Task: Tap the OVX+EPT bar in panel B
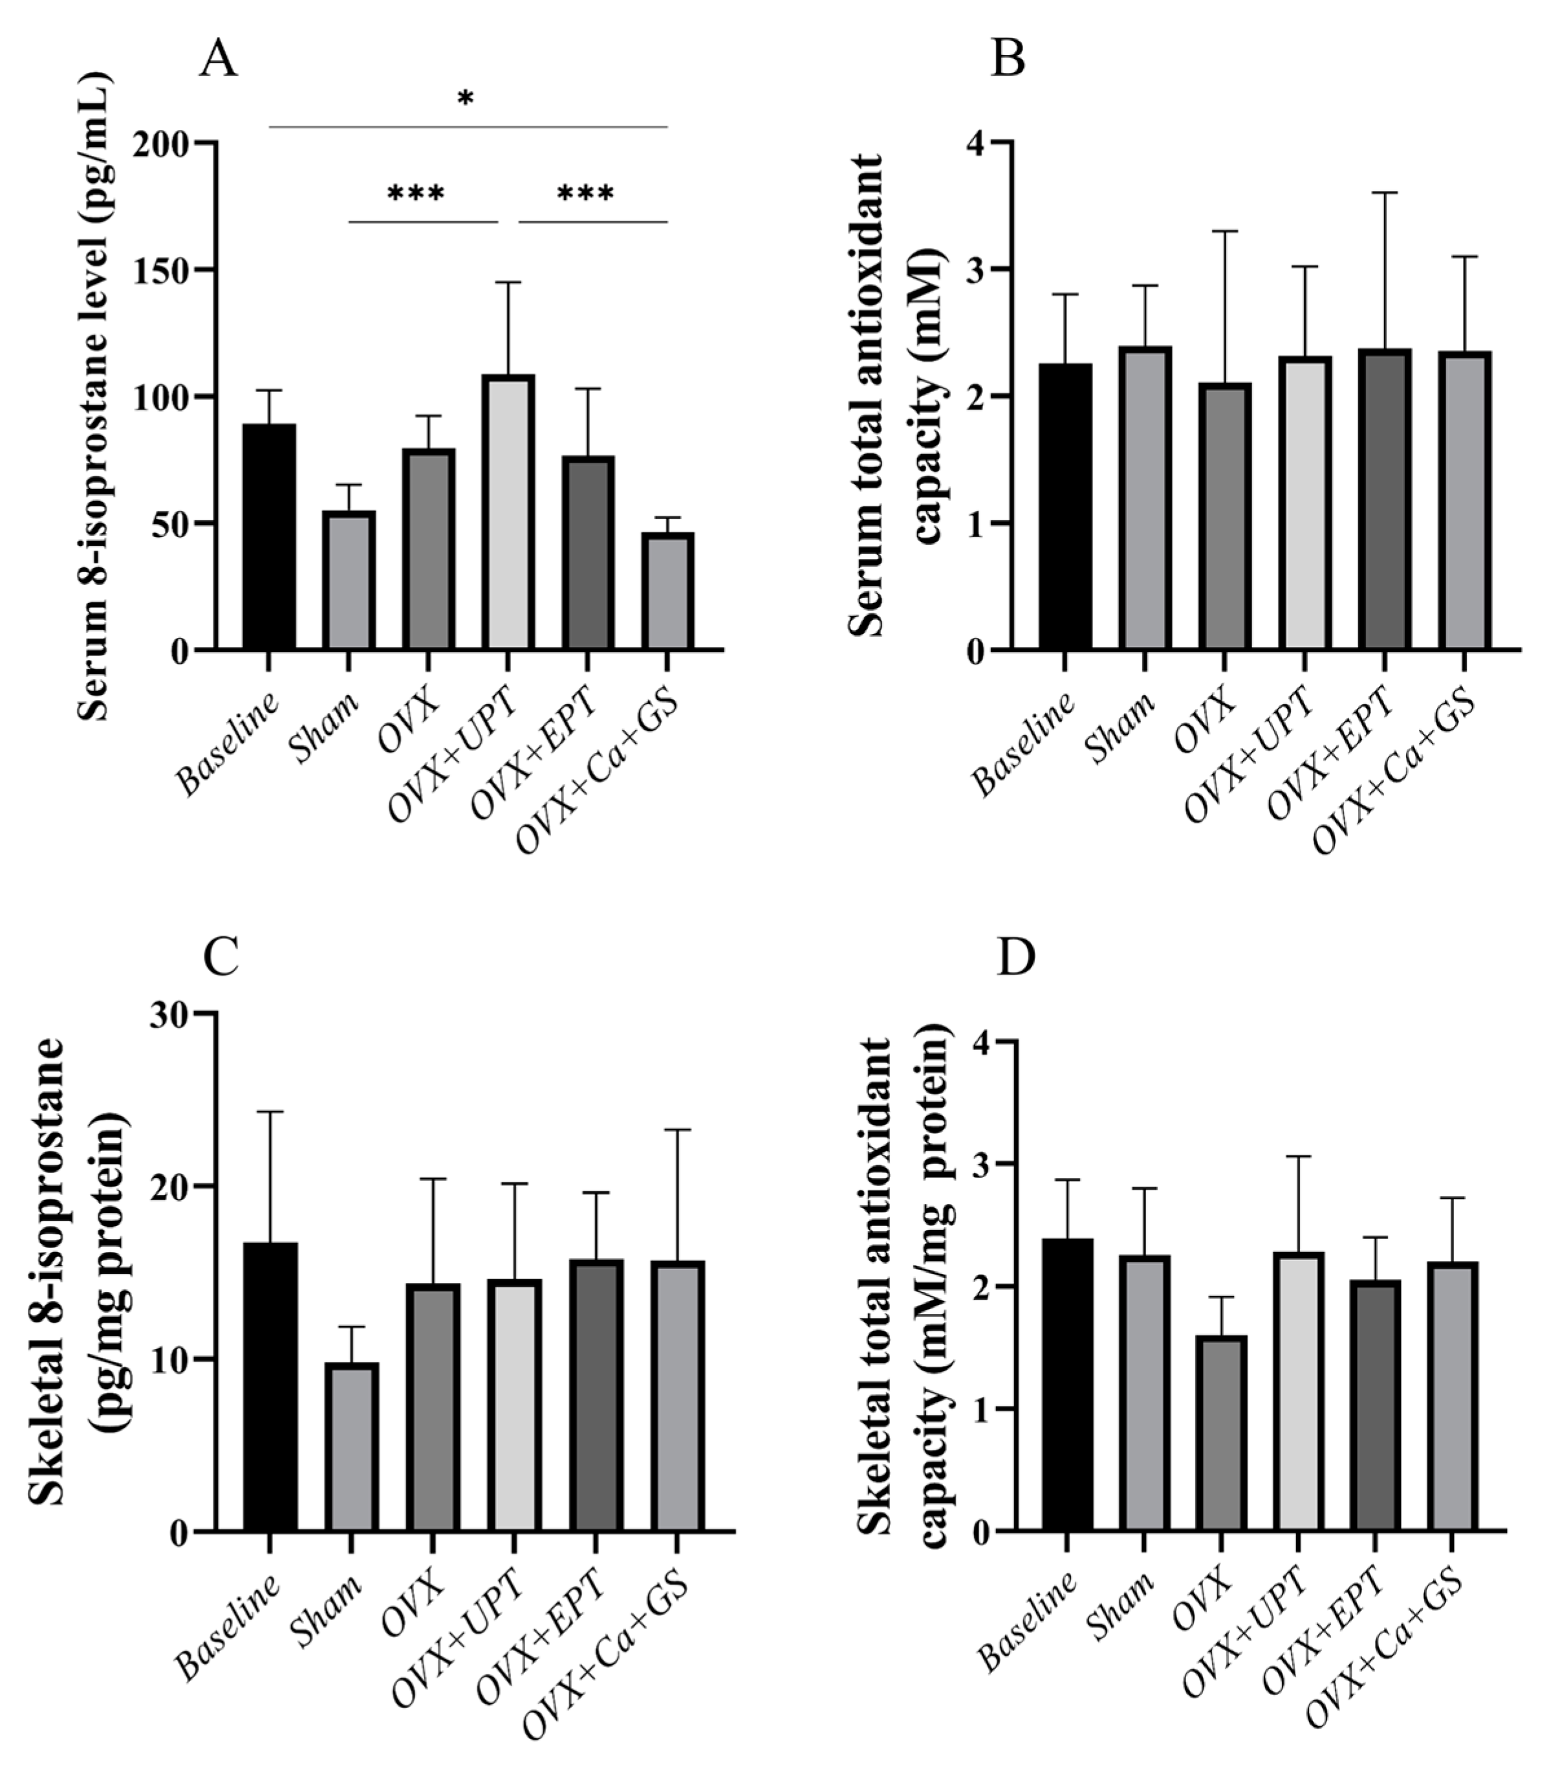click(x=1383, y=500)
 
